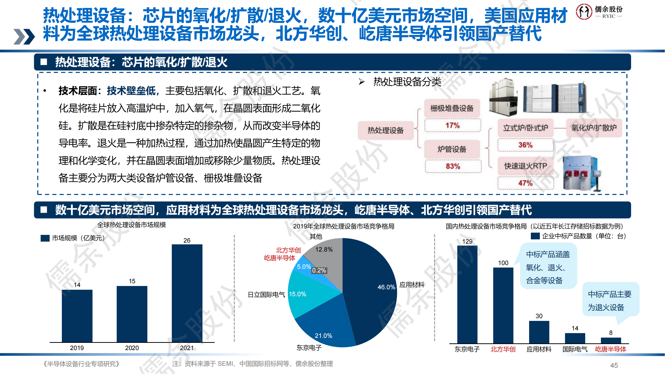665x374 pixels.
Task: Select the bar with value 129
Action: tap(467, 294)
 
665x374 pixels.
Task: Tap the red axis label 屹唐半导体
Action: tap(611, 349)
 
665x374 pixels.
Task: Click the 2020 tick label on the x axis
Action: tap(132, 348)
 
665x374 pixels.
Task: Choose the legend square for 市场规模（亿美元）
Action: tap(45, 238)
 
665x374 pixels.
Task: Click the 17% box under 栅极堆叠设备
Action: tap(453, 125)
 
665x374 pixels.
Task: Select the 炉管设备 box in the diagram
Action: tap(452, 149)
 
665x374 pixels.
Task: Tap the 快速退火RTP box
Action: tap(525, 166)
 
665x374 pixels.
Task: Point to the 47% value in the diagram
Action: tap(525, 183)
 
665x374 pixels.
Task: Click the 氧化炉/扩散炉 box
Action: tap(594, 128)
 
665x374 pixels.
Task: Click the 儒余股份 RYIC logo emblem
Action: tap(584, 12)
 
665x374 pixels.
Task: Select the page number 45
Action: tap(614, 365)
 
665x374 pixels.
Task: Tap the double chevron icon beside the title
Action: tap(24, 36)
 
